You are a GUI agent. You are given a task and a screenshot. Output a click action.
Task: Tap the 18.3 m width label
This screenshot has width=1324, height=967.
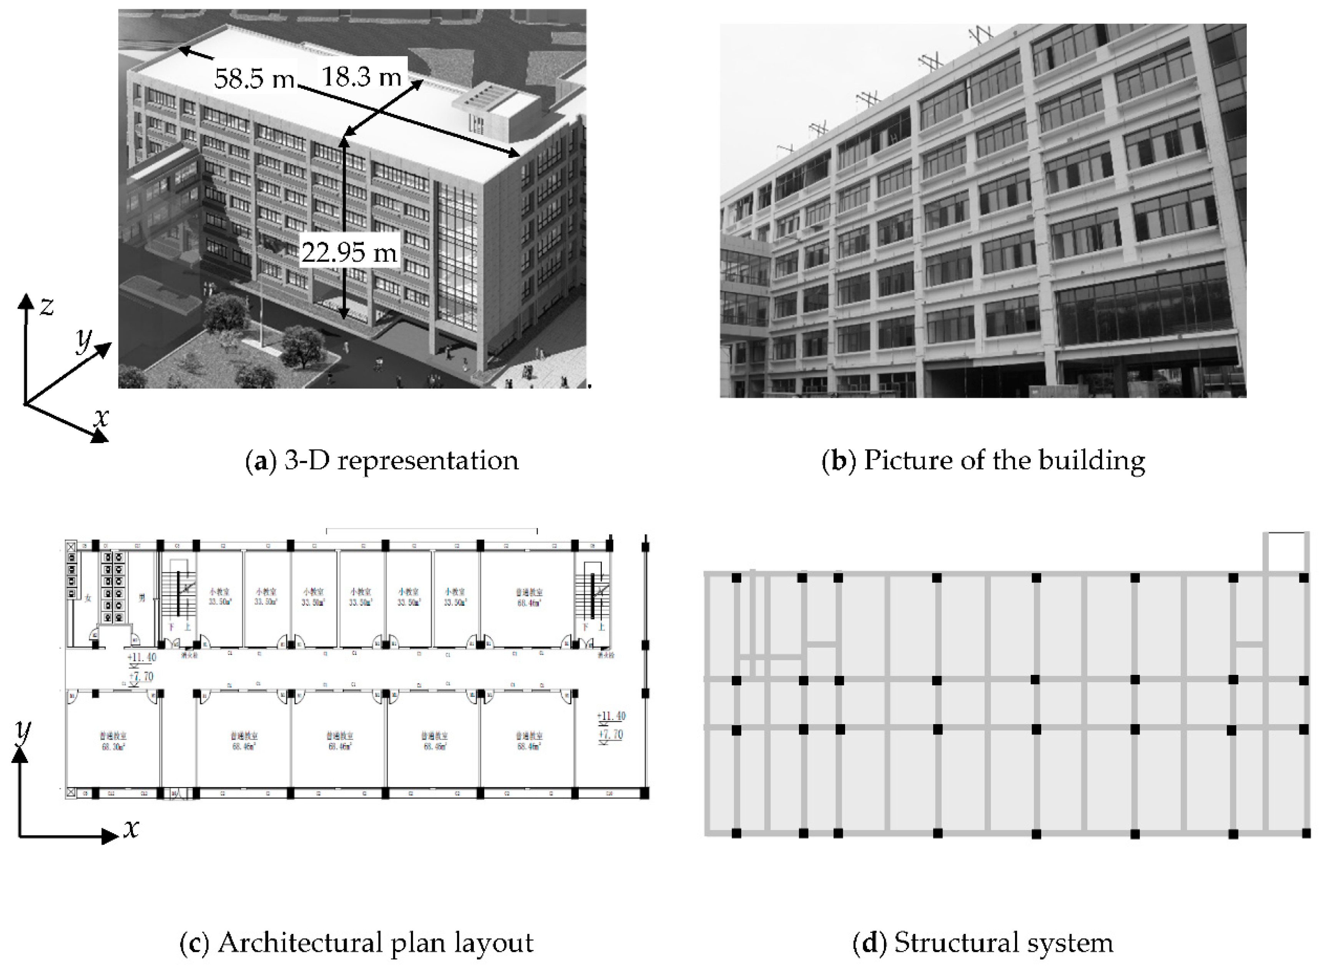tap(362, 76)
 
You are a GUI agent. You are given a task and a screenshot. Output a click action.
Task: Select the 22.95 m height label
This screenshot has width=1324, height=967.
tap(349, 252)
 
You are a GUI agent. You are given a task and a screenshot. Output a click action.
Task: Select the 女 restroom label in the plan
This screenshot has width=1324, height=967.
tap(88, 598)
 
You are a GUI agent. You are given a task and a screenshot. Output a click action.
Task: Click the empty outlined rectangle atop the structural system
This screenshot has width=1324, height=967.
tap(1286, 552)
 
